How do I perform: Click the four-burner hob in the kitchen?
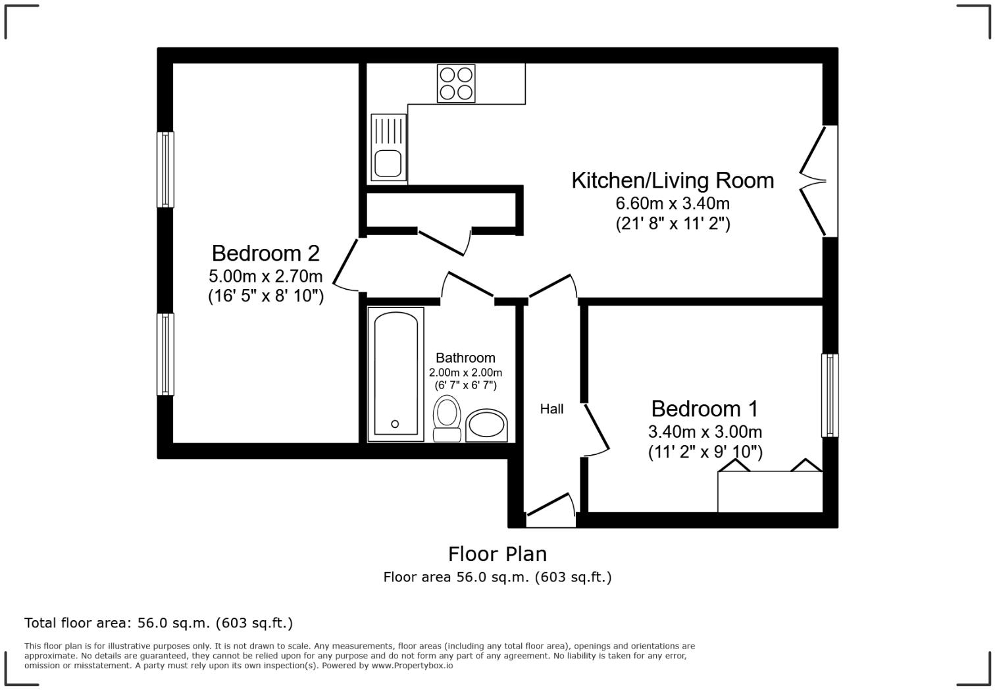tap(456, 83)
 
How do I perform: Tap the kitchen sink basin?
tap(388, 163)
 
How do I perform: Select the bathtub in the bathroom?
tap(395, 373)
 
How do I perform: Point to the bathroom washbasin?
tap(486, 425)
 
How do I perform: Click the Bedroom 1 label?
tap(704, 409)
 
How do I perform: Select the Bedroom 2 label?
tap(265, 253)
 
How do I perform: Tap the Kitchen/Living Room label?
tap(672, 180)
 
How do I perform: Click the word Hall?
tap(551, 409)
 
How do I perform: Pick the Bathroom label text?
tap(465, 358)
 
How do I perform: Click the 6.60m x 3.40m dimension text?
tap(672, 203)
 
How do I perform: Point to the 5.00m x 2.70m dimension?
tap(265, 275)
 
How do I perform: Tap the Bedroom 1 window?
tap(830, 395)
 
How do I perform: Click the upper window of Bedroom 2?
tap(165, 169)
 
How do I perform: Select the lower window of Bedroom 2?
tap(165, 354)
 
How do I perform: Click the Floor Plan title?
tap(497, 554)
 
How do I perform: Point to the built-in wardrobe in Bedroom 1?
tap(769, 491)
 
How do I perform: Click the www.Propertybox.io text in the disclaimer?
tap(412, 666)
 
